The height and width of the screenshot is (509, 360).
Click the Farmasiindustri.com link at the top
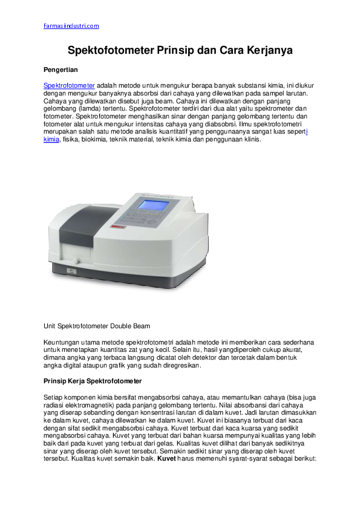[71, 26]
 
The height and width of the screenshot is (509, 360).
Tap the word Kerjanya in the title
[266, 51]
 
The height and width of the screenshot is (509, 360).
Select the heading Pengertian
[61, 70]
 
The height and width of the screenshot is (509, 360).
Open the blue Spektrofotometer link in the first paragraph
[69, 86]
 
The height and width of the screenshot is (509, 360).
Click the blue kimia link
[51, 139]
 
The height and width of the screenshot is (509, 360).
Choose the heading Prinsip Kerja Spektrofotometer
[93, 381]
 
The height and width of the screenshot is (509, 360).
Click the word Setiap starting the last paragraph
[54, 397]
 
